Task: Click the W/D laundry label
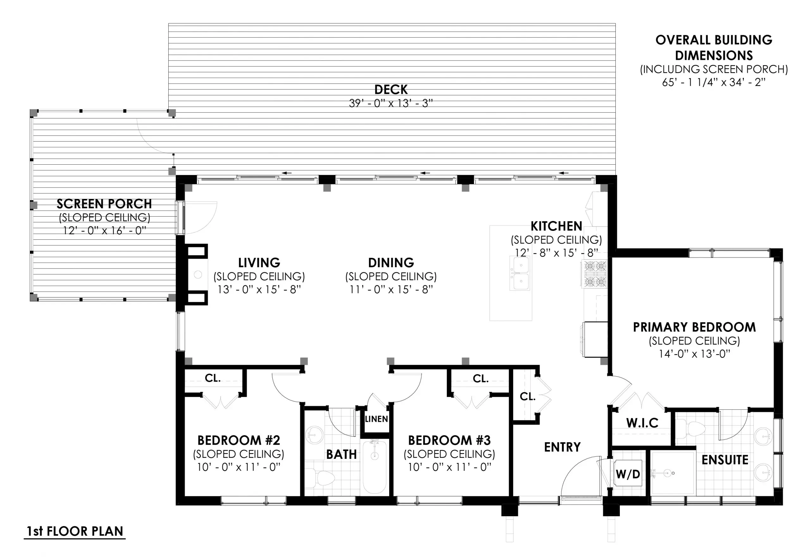tap(628, 474)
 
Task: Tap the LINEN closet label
tap(376, 419)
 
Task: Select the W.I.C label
tap(642, 423)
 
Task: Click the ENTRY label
tap(562, 447)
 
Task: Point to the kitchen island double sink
tap(520, 273)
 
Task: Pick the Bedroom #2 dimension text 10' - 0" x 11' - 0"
tap(239, 467)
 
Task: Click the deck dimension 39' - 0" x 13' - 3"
tap(390, 103)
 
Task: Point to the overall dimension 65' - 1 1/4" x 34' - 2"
tap(713, 82)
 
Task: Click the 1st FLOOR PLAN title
tap(75, 531)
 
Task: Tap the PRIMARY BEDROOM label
tap(694, 327)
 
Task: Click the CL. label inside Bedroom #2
tap(212, 378)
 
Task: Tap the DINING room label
tap(391, 263)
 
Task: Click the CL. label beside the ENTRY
tap(527, 396)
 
